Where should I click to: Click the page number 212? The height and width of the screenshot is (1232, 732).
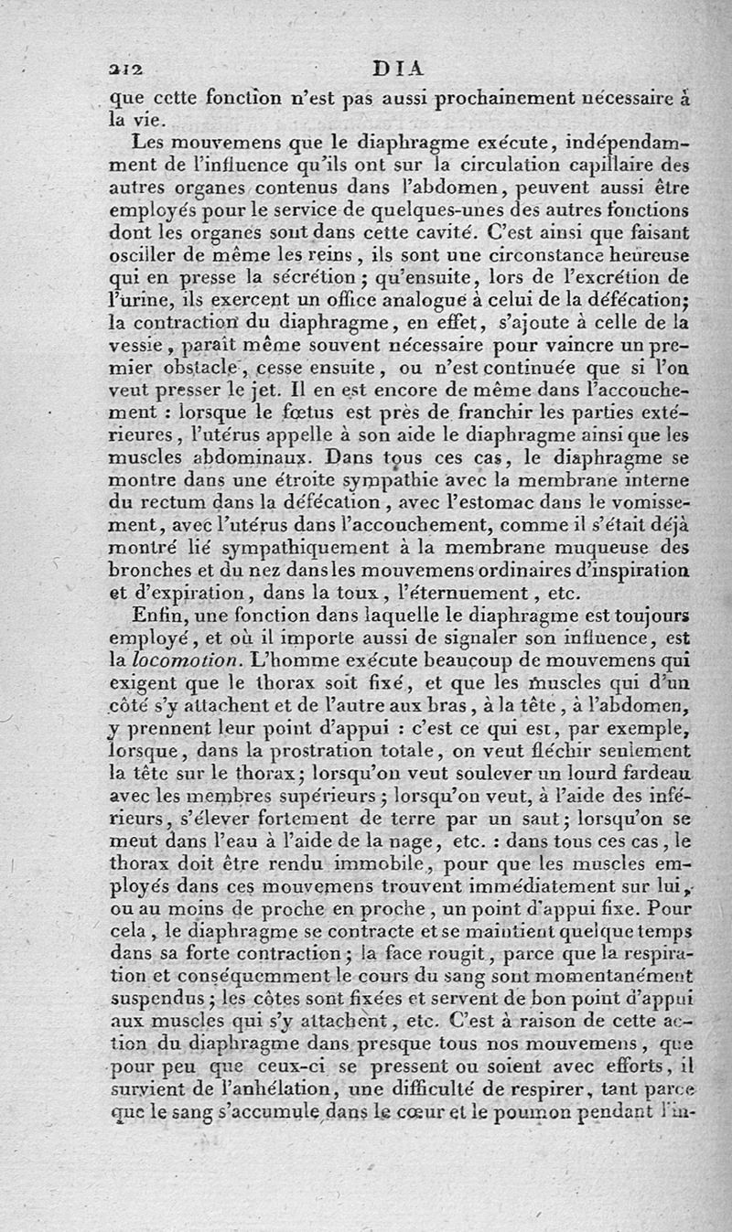[x=122, y=68]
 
